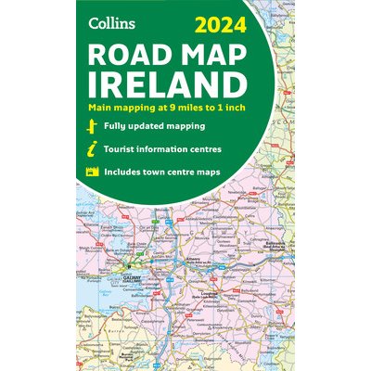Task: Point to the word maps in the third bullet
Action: tap(240, 171)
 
